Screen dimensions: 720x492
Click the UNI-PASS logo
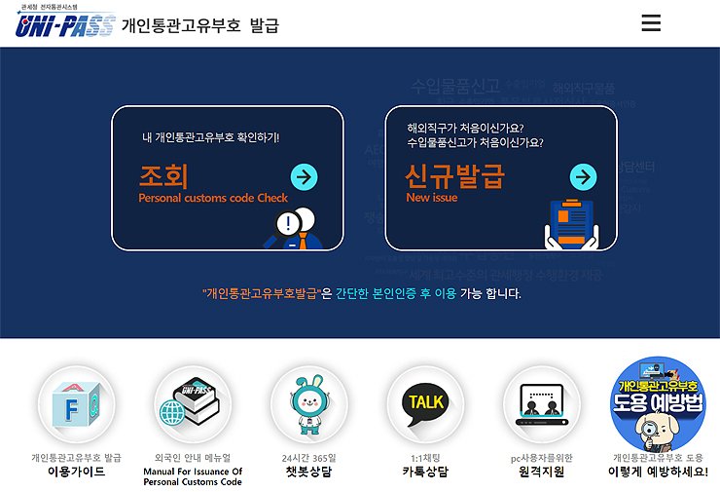point(65,23)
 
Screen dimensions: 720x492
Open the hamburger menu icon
point(652,23)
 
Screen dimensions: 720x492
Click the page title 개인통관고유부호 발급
point(199,25)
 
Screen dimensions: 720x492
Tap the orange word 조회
point(163,176)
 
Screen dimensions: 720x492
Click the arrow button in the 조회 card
point(305,176)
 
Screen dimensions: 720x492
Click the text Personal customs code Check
point(213,198)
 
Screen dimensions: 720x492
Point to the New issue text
point(431,198)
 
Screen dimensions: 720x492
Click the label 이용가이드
point(76,472)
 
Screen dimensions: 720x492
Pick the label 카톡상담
point(425,472)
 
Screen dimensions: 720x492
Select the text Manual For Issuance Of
point(193,472)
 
